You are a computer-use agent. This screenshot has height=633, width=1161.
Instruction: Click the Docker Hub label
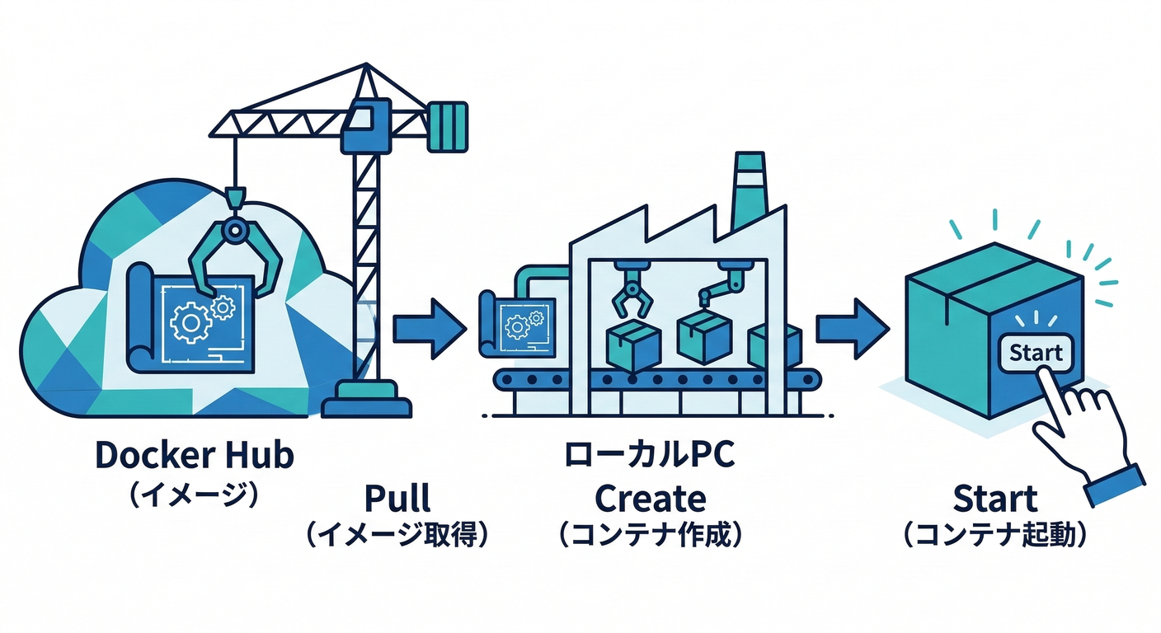(x=195, y=456)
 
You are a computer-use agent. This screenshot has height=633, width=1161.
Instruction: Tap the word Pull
(x=397, y=499)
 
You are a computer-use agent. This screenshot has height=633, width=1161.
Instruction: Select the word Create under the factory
(x=651, y=499)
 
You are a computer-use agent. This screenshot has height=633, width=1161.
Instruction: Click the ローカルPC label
(x=650, y=456)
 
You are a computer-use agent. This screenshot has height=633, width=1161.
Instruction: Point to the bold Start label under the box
(x=995, y=499)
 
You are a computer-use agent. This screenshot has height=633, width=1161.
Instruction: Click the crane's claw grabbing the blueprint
(x=235, y=256)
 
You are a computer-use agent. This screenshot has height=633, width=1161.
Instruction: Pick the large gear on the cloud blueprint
(x=190, y=322)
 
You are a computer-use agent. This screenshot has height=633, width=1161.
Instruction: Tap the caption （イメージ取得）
(x=397, y=535)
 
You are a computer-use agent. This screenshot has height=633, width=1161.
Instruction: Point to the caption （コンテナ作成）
(x=651, y=535)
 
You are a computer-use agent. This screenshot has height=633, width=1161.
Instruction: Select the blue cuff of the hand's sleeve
(x=1115, y=486)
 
